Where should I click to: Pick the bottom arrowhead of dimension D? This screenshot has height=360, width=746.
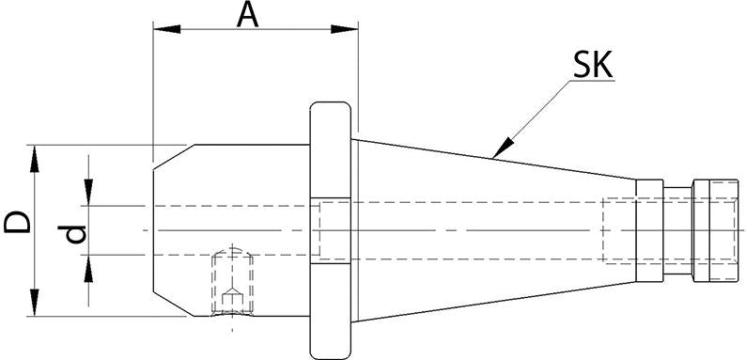point(36,306)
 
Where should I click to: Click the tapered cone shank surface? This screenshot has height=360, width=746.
point(489,188)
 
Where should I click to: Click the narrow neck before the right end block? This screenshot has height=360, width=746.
point(676,229)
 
